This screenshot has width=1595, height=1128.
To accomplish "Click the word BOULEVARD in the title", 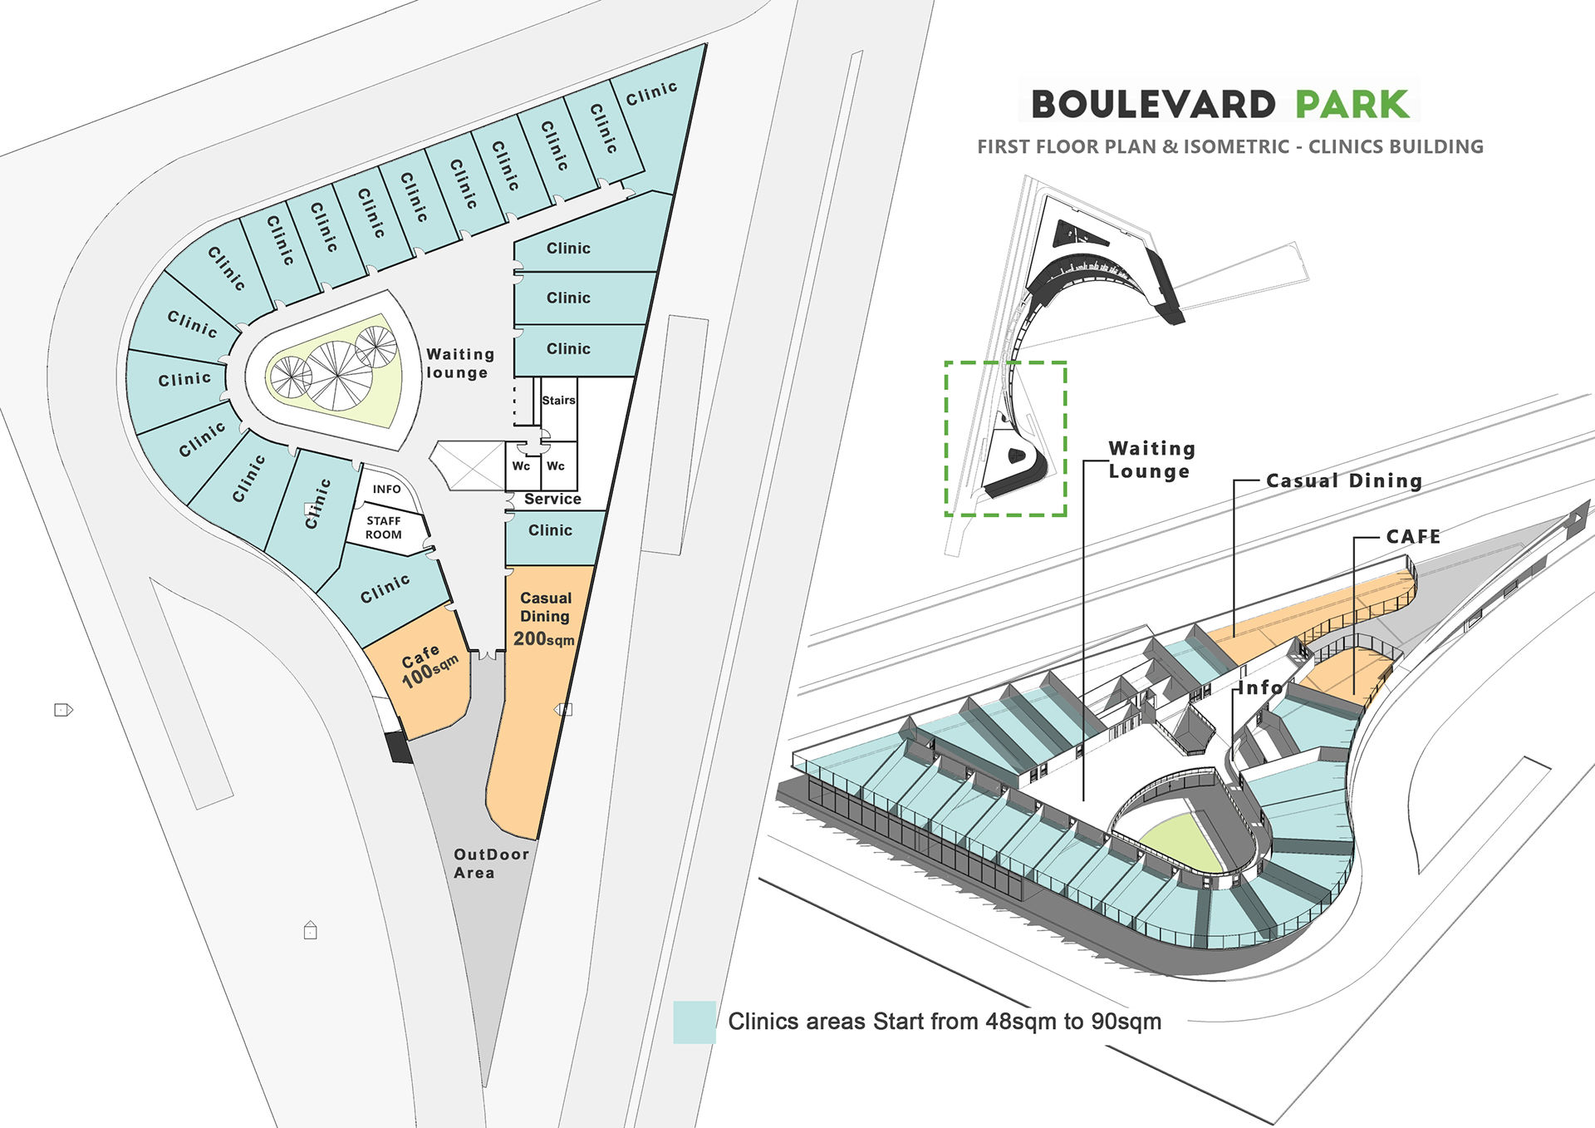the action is click(x=1153, y=105).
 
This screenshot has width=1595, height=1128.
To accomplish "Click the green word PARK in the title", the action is click(x=1352, y=105).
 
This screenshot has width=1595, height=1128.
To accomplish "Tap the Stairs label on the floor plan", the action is click(x=558, y=400).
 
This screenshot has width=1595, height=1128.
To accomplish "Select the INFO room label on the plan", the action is click(x=386, y=489).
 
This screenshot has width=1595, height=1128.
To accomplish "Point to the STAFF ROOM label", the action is click(x=384, y=528).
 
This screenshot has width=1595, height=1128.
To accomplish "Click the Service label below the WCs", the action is click(x=552, y=499).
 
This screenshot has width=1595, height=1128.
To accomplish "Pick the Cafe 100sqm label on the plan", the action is click(x=428, y=666).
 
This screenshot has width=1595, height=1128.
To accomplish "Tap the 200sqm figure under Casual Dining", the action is click(x=543, y=639).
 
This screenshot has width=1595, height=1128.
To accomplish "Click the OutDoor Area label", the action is click(x=490, y=863).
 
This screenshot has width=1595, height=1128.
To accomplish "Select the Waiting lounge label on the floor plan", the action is click(x=459, y=363).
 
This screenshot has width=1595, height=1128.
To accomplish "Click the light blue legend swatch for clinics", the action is click(x=694, y=1022).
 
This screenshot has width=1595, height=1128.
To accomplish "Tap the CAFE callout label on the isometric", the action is click(x=1412, y=537).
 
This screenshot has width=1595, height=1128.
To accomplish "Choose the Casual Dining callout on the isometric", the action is click(x=1343, y=480).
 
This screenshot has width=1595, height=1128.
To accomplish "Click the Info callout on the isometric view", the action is click(x=1260, y=687).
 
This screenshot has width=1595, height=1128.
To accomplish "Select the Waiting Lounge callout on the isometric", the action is click(x=1151, y=460).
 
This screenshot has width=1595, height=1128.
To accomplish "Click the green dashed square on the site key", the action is click(x=1005, y=439).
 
